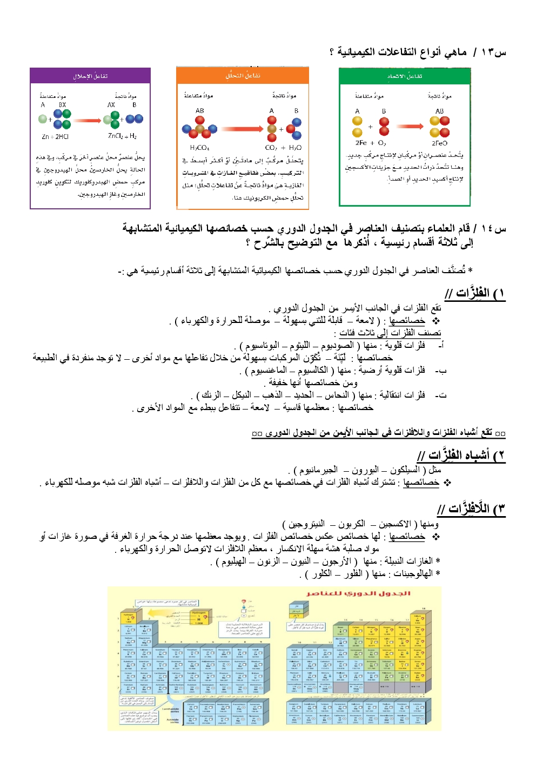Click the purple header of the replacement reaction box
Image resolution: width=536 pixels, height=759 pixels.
[x=90, y=76]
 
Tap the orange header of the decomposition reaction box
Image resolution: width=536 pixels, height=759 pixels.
[x=243, y=76]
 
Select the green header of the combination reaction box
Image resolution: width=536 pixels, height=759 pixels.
[x=405, y=76]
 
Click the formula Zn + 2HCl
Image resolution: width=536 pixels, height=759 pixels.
[x=56, y=137]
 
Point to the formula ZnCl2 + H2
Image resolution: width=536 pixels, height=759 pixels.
[x=122, y=136]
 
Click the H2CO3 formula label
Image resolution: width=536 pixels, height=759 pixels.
[x=199, y=148]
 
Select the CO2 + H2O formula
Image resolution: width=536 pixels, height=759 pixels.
[x=283, y=148]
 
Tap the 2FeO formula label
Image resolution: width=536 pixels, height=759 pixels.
[x=439, y=143]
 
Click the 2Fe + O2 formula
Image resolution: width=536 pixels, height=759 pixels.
[x=371, y=143]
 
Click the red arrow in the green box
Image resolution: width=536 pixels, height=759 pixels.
[x=410, y=126]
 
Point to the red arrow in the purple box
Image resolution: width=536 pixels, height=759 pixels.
[x=87, y=120]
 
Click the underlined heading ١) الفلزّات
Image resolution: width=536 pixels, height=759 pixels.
[x=475, y=294]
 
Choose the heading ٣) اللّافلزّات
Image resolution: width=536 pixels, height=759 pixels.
[x=471, y=509]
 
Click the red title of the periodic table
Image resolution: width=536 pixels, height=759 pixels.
[x=359, y=593]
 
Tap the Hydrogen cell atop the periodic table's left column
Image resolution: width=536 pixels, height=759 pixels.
[x=129, y=618]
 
